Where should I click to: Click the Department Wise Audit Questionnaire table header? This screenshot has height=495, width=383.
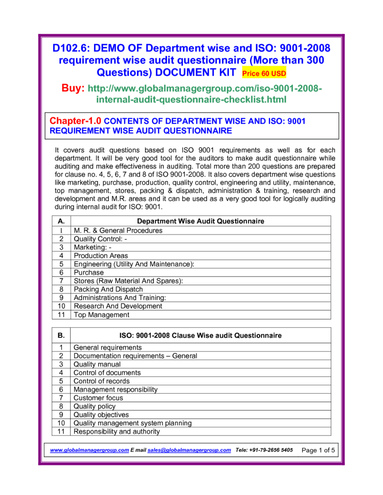click(x=201, y=221)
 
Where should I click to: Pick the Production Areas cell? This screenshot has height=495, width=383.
click(x=101, y=256)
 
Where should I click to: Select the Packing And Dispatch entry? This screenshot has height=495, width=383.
click(x=108, y=290)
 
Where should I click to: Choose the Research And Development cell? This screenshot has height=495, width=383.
click(x=118, y=306)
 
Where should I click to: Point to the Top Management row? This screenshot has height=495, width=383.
click(x=101, y=315)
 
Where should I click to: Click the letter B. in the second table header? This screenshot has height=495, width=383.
click(x=61, y=335)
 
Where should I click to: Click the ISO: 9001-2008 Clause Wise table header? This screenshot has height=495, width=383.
click(x=200, y=335)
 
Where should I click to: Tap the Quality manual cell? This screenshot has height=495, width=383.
click(x=97, y=364)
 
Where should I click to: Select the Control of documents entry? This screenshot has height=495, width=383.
click(x=107, y=373)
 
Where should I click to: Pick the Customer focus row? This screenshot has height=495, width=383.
click(x=98, y=398)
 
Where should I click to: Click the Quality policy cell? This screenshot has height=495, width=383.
click(x=94, y=407)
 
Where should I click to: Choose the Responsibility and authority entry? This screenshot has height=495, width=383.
click(x=116, y=432)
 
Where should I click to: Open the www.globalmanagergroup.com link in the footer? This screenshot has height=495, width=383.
click(x=89, y=450)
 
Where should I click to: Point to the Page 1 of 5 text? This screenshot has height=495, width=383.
click(x=318, y=451)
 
